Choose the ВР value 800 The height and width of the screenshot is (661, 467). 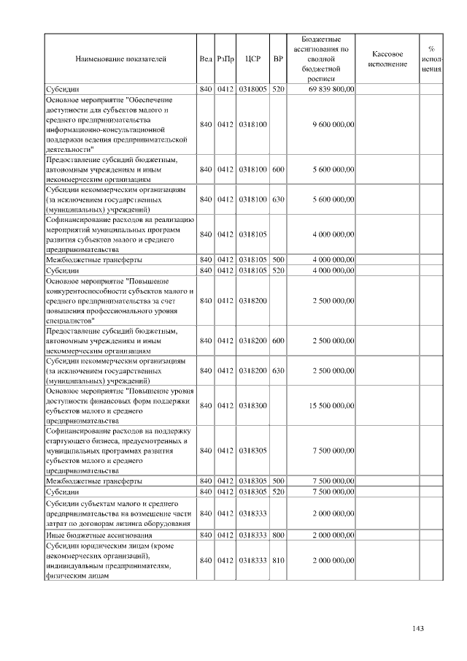[x=278, y=537]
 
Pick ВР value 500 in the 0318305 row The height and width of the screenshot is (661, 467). [x=278, y=482]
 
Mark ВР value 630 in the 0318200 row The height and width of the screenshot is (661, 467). [x=278, y=371]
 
